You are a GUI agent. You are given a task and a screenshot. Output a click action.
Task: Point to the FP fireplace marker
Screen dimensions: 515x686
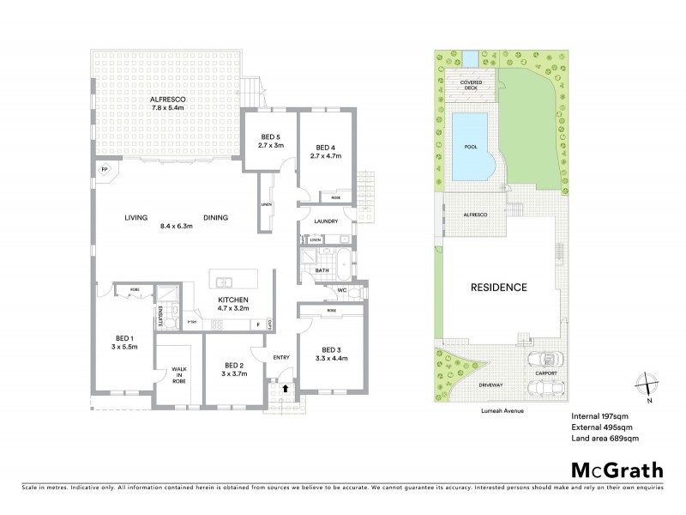point(105,169)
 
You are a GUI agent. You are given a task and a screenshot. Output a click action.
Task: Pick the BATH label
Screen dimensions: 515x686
point(322,270)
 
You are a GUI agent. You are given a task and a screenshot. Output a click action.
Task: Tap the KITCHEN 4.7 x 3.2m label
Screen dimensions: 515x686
point(232,303)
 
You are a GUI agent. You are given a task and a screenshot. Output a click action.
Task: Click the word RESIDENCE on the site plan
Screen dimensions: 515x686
point(497,288)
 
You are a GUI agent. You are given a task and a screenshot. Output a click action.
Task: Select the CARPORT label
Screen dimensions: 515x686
point(545,373)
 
